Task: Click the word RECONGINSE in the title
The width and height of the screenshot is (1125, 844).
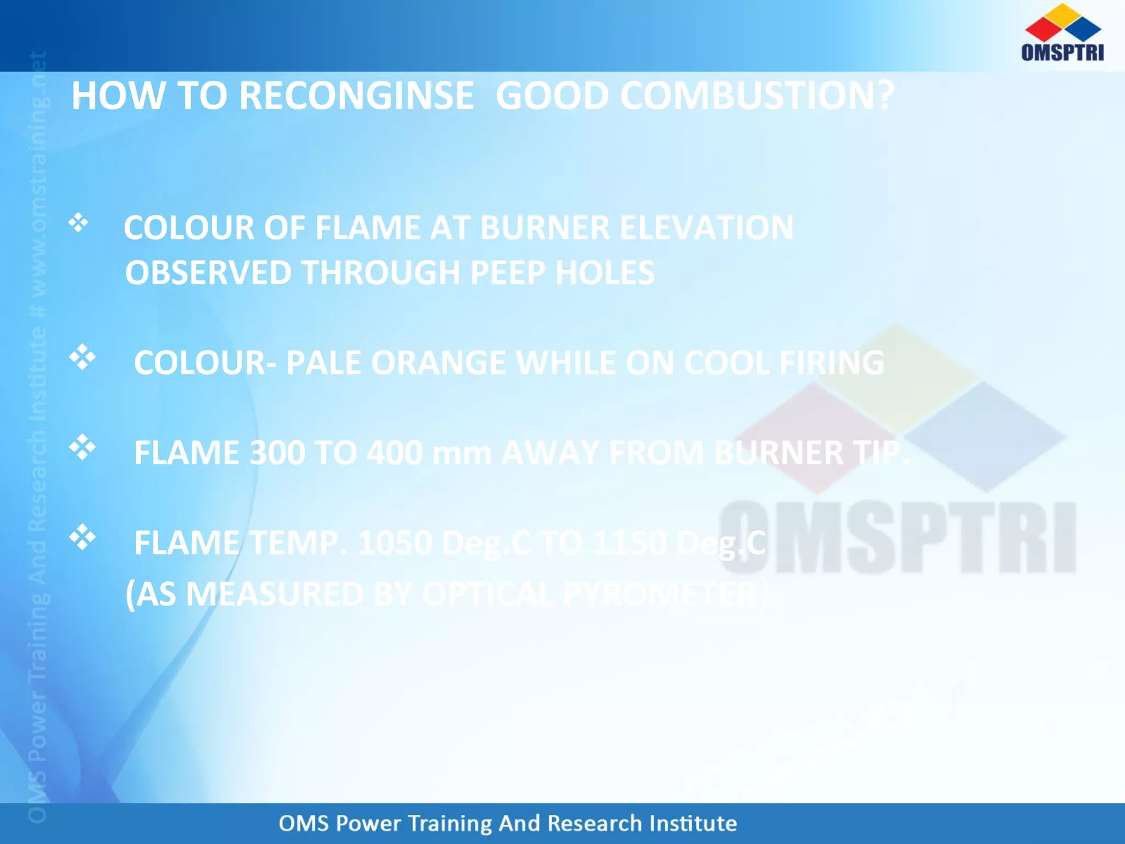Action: point(356,96)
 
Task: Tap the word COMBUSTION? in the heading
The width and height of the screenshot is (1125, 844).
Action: point(757,96)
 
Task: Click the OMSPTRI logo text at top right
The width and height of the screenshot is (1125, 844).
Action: point(1062,52)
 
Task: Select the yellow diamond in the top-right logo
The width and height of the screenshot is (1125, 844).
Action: point(1063,15)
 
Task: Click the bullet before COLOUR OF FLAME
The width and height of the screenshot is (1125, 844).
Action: point(79,223)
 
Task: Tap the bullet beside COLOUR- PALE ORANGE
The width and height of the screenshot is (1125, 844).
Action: point(82,357)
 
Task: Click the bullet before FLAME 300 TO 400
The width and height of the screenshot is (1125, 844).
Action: point(82,447)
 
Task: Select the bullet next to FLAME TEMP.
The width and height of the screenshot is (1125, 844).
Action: point(82,537)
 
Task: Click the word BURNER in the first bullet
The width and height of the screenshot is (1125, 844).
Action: point(544,227)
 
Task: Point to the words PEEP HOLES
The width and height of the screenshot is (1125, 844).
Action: point(562,273)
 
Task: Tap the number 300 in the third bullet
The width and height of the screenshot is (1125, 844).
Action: point(277,453)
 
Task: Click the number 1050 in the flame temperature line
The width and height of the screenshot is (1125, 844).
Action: point(394,543)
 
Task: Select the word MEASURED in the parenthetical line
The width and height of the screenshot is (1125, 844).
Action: point(274,595)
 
